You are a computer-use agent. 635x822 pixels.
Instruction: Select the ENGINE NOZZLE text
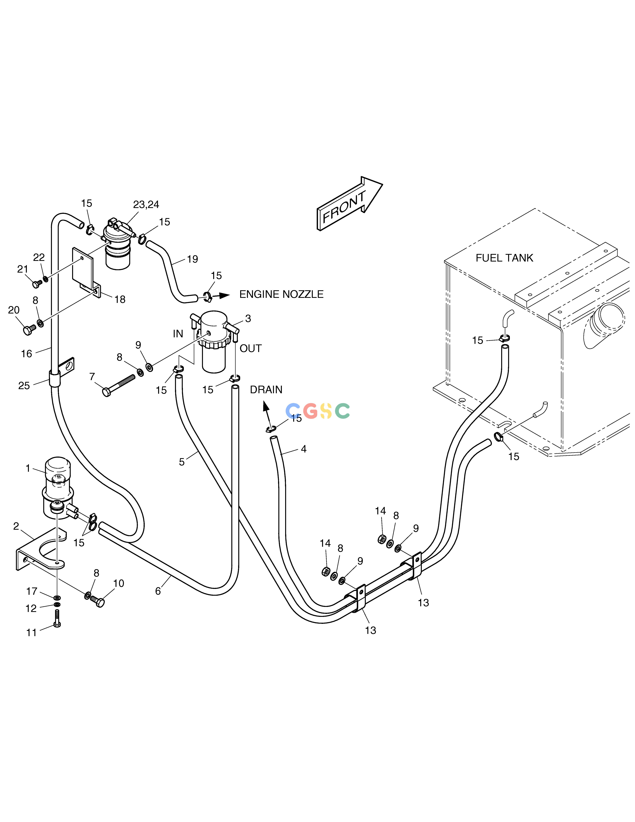coord(281,294)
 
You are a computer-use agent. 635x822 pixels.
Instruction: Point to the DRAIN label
coord(266,390)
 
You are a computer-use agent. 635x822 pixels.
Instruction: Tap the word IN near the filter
coord(178,334)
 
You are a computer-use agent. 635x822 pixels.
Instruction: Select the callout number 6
coord(158,591)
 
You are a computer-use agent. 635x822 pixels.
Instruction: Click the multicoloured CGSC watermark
coord(318,411)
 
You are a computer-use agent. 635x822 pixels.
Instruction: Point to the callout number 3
coord(248,318)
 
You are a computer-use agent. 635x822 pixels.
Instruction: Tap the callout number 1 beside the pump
coord(28,468)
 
